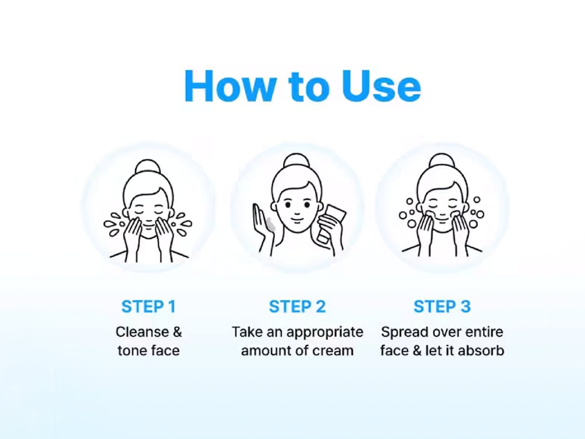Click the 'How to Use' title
302,86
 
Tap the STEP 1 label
149,307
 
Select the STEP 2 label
297,307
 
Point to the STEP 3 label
442,307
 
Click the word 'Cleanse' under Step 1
142,332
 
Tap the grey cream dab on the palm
270,224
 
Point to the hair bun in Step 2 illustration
297,160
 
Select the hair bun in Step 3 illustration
442,160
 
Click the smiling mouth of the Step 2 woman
297,220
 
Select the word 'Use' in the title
381,86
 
